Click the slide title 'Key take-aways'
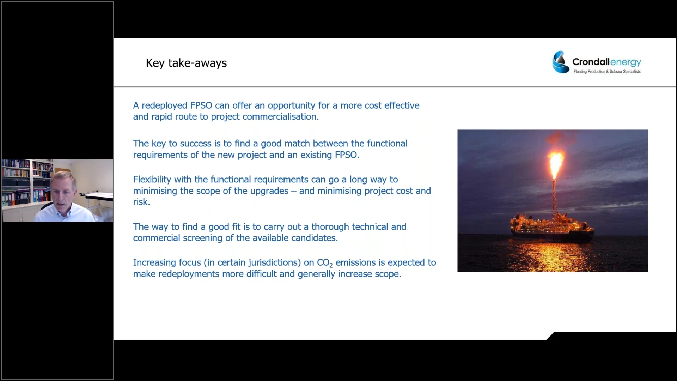pyautogui.click(x=186, y=63)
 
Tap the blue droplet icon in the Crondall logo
pyautogui.click(x=560, y=62)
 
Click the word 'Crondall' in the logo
pyautogui.click(x=591, y=62)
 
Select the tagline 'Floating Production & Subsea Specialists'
pyautogui.click(x=607, y=72)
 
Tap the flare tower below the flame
pyautogui.click(x=554, y=198)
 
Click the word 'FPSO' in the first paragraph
pyautogui.click(x=201, y=105)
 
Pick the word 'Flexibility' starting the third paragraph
pyautogui.click(x=152, y=180)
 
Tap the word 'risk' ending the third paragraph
pyautogui.click(x=140, y=202)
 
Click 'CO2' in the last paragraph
pyautogui.click(x=324, y=263)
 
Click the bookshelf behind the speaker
pyautogui.click(x=21, y=183)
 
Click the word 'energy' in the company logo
pyautogui.click(x=626, y=62)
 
